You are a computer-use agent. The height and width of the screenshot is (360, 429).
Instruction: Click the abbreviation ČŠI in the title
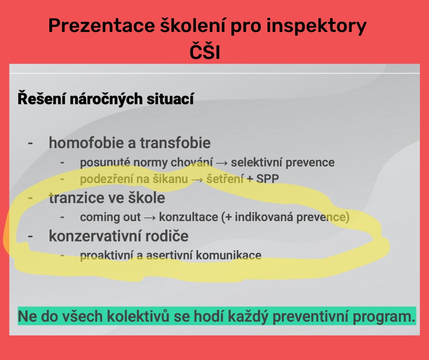205,51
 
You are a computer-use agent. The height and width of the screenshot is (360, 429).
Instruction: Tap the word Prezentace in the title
102,26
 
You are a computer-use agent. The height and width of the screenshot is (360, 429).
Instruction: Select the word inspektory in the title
316,26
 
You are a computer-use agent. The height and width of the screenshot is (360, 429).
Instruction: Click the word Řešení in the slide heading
42,98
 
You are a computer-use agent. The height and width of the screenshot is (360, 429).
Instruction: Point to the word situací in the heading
170,99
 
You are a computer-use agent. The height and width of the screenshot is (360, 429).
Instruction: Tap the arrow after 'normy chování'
222,163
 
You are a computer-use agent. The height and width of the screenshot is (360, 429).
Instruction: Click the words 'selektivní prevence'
283,163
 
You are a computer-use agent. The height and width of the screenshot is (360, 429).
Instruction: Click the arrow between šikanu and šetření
197,180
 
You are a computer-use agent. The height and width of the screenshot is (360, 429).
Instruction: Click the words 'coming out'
110,217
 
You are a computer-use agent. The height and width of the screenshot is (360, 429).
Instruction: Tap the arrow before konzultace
150,218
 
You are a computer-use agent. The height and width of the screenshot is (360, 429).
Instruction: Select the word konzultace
188,217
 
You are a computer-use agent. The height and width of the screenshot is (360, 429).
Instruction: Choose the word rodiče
167,236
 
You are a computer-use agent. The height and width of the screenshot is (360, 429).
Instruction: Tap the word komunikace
229,255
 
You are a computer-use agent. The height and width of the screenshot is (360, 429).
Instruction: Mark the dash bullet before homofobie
31,143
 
